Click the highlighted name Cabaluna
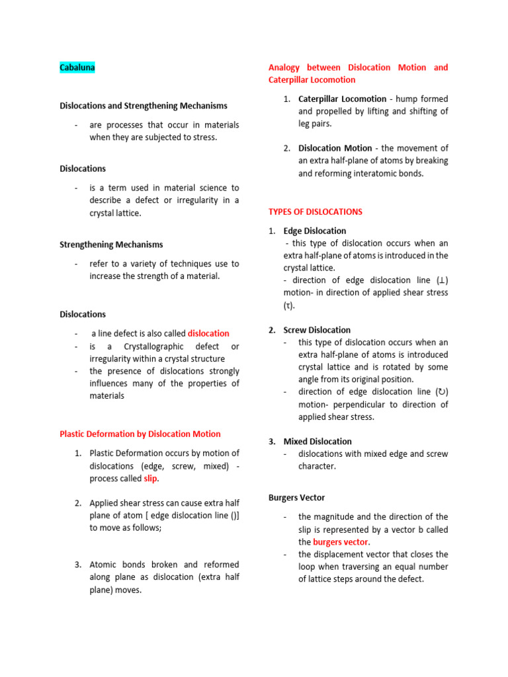pyautogui.click(x=77, y=67)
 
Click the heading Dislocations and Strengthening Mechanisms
pyautogui.click(x=144, y=106)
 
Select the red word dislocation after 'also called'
pyautogui.click(x=208, y=334)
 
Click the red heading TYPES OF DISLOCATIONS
pyautogui.click(x=315, y=212)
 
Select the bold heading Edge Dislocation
pyautogui.click(x=315, y=231)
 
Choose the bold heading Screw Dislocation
pyautogui.click(x=317, y=330)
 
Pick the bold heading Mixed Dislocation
pyautogui.click(x=317, y=442)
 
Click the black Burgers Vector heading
pyautogui.click(x=296, y=497)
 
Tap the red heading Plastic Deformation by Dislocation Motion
pyautogui.click(x=140, y=434)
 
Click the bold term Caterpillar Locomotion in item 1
pyautogui.click(x=342, y=99)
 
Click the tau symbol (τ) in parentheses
pyautogui.click(x=288, y=305)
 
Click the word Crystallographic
pyautogui.click(x=149, y=346)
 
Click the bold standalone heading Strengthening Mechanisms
pyautogui.click(x=111, y=245)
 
